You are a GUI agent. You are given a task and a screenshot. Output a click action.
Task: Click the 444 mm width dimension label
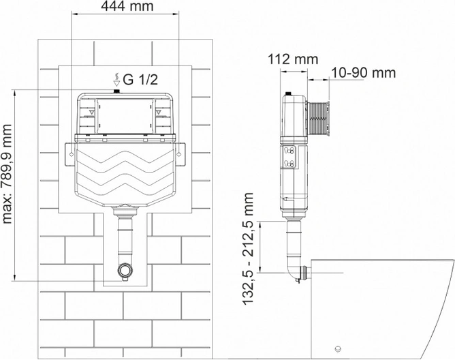tap(127, 6)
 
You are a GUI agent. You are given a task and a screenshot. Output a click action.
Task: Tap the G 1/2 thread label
tap(140, 79)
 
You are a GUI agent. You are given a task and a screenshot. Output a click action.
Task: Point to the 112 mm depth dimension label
tap(292, 59)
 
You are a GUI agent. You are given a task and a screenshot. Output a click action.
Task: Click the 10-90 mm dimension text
tap(363, 73)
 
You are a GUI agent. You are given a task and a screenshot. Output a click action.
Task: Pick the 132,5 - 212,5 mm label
tap(248, 248)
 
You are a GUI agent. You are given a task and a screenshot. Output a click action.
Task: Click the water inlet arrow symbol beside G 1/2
tap(116, 80)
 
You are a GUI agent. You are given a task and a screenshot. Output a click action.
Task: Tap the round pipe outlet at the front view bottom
tap(125, 271)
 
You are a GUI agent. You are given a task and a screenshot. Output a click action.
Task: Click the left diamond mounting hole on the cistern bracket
tap(72, 155)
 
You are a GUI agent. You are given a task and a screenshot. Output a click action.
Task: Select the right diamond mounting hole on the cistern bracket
tap(178, 155)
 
